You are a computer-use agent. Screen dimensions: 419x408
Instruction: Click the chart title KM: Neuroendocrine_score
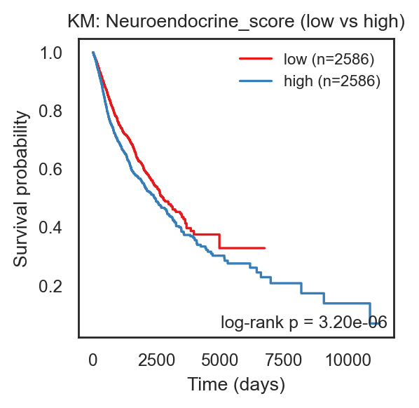pyautogui.click(x=181, y=22)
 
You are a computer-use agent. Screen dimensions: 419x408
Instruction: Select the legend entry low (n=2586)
pyautogui.click(x=329, y=59)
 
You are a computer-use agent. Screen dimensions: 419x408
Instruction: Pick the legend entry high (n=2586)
pyautogui.click(x=332, y=81)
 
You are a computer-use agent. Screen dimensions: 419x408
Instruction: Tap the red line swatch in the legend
pyautogui.click(x=256, y=58)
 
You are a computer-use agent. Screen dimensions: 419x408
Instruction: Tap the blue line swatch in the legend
pyautogui.click(x=256, y=81)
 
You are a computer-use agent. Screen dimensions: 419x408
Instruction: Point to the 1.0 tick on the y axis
pyautogui.click(x=50, y=53)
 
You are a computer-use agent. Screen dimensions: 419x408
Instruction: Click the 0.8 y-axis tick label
pyautogui.click(x=50, y=111)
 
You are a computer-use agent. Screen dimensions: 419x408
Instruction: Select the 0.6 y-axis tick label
pyautogui.click(x=50, y=170)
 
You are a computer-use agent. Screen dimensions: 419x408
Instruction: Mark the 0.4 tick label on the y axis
pyautogui.click(x=50, y=228)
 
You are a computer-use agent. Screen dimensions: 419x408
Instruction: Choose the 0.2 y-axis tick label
pyautogui.click(x=50, y=286)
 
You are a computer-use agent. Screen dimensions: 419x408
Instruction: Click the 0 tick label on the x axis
pyautogui.click(x=92, y=360)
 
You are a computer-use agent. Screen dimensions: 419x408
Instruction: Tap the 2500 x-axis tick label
pyautogui.click(x=156, y=360)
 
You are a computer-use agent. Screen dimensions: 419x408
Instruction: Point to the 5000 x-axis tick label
pyautogui.click(x=219, y=360)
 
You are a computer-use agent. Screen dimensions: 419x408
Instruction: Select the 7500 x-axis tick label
pyautogui.click(x=283, y=360)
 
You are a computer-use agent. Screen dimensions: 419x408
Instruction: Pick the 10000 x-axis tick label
pyautogui.click(x=348, y=360)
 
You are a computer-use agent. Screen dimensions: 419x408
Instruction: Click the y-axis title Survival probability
pyautogui.click(x=21, y=189)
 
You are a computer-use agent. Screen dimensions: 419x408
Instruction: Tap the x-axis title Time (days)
pyautogui.click(x=236, y=385)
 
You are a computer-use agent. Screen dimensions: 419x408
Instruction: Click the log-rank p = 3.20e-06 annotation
pyautogui.click(x=304, y=322)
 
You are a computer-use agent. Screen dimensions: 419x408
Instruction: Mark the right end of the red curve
pyautogui.click(x=265, y=248)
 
